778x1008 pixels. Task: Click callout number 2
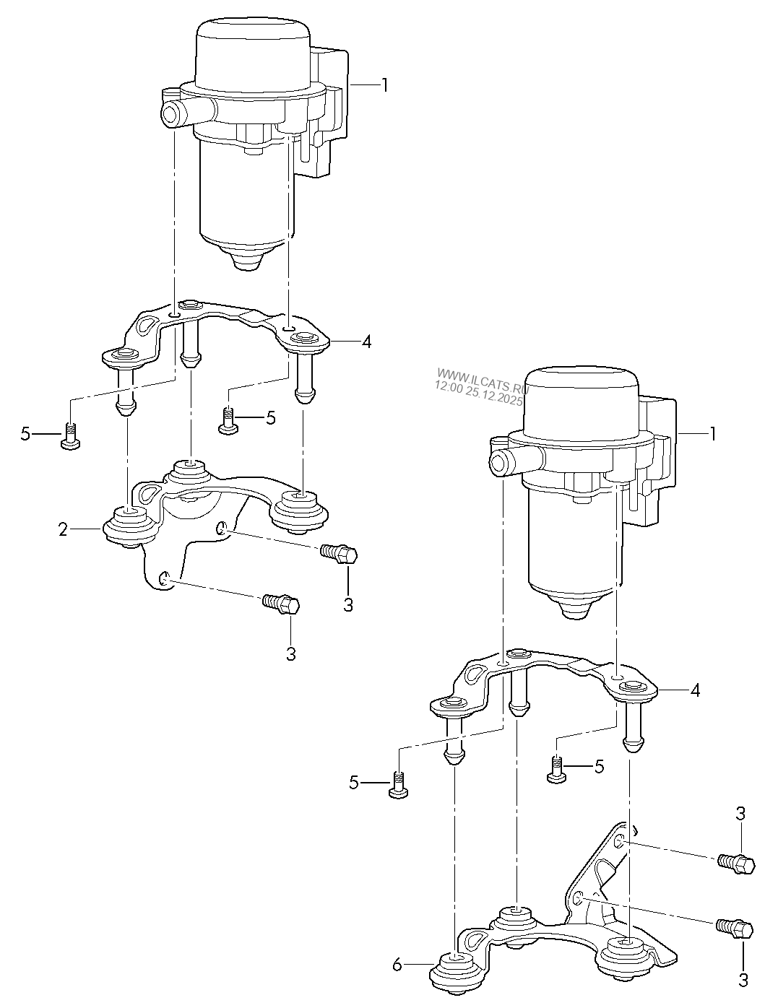coord(63,531)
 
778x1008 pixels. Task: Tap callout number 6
coord(396,964)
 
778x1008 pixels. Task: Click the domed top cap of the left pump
coord(254,45)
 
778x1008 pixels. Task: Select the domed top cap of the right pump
coord(582,393)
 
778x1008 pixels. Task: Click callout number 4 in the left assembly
coord(366,342)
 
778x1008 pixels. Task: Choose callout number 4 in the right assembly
coord(695,691)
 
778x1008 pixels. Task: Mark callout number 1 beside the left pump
coord(384,85)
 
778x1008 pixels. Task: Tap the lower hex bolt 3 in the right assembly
coord(735,928)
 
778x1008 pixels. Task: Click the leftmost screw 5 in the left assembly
coord(69,436)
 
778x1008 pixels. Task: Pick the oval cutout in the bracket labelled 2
coord(151,492)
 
